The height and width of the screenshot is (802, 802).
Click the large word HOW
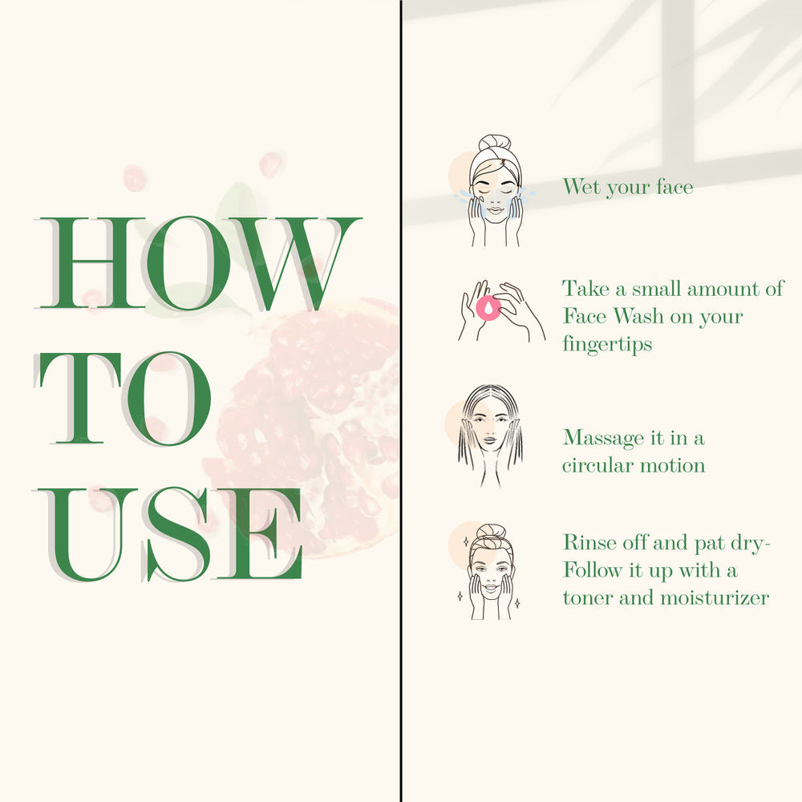click(200, 263)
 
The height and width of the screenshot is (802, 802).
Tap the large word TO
click(124, 398)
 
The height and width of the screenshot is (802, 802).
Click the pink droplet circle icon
click(488, 308)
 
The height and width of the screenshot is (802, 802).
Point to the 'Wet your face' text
click(628, 187)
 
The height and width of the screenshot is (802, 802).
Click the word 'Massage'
click(603, 439)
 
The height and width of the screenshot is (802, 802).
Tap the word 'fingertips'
click(607, 344)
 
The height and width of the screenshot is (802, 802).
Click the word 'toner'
click(588, 598)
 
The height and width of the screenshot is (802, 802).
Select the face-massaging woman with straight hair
click(490, 435)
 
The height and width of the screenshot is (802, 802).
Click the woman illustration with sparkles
click(488, 571)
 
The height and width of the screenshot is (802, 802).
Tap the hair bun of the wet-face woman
click(496, 142)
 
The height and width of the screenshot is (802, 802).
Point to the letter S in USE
click(176, 534)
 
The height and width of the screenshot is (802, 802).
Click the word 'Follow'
click(593, 569)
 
